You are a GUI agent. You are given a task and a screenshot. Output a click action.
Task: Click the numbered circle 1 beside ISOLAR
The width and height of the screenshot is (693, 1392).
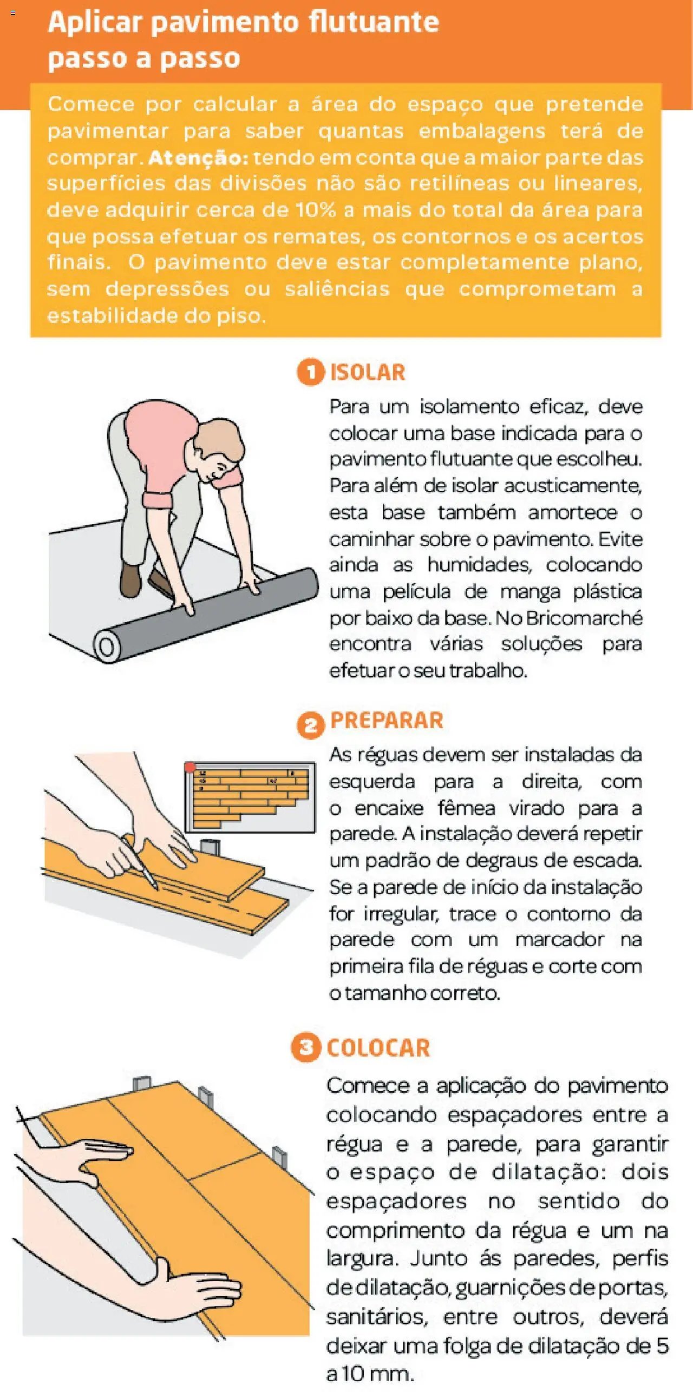tap(310, 372)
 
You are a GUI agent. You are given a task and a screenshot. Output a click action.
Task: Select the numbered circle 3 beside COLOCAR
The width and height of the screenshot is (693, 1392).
tap(306, 1047)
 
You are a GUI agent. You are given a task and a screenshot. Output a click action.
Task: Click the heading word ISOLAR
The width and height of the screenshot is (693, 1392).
tap(368, 372)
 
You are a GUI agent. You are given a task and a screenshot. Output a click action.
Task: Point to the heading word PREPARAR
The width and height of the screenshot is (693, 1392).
tap(387, 721)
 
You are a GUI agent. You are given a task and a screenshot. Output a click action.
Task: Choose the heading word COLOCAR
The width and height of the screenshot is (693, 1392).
tap(378, 1048)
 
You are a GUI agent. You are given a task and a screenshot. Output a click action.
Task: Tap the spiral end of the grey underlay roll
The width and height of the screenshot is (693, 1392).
tap(107, 646)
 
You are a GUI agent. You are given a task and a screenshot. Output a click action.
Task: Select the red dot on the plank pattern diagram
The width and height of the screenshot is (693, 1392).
tap(189, 767)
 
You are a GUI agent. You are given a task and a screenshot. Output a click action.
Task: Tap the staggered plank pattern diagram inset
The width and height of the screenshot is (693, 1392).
tap(250, 797)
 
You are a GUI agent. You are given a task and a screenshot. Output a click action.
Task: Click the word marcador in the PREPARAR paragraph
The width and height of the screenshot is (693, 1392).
tap(560, 940)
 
